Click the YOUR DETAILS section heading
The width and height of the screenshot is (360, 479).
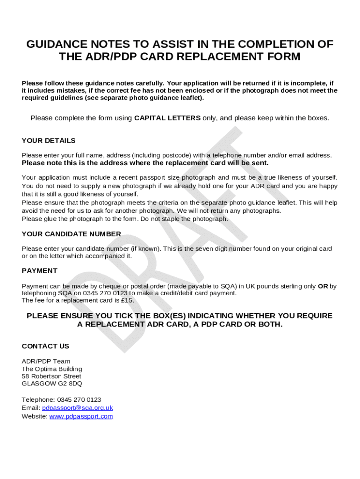[x=49, y=141]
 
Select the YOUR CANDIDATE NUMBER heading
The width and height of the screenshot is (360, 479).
[x=72, y=234]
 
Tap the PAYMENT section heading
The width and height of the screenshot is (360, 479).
[x=40, y=271]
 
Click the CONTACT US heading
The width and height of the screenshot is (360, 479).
[x=45, y=346]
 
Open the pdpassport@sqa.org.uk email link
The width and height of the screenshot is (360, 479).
[x=78, y=408]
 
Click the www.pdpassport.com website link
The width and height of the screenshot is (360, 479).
[x=81, y=416]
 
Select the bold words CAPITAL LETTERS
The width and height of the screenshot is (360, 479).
[x=167, y=118]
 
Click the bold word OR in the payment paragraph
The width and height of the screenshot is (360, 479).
[x=323, y=286]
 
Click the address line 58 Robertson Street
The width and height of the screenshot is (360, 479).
[x=51, y=376]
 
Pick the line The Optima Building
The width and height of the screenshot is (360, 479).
[x=52, y=369]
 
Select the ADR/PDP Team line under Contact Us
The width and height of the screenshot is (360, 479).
[x=46, y=361]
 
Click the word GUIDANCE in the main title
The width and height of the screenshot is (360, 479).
[x=57, y=44]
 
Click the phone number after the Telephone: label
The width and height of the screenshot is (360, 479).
[x=79, y=400]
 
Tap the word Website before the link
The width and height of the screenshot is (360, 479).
[x=34, y=416]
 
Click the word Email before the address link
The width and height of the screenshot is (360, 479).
[x=31, y=408]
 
